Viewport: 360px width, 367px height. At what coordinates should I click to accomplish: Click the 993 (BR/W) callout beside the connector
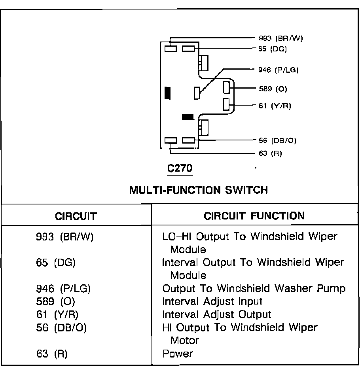[281, 38]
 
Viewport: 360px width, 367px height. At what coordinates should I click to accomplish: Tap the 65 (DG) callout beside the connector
[272, 49]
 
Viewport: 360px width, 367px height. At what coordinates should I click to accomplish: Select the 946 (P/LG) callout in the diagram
[278, 70]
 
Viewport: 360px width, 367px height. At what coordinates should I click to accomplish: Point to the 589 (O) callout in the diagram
[273, 89]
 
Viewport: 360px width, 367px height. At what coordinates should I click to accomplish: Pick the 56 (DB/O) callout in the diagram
[277, 140]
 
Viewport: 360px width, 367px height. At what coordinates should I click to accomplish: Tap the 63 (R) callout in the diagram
[270, 153]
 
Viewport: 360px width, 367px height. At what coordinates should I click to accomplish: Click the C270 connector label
[180, 168]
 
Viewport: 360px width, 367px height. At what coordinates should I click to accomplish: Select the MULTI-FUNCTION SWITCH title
[199, 190]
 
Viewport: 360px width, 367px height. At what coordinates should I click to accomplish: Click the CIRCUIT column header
[76, 216]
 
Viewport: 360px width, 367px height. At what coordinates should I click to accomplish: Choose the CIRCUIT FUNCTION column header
[254, 216]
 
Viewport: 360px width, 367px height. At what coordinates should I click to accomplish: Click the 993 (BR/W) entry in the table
[64, 237]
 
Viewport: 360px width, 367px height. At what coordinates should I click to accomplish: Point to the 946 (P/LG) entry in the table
[63, 289]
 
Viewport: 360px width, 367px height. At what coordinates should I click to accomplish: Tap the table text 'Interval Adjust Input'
[212, 301]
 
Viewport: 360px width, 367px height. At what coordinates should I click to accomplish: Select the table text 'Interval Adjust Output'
[217, 314]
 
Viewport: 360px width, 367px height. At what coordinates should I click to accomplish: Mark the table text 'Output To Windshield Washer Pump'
[254, 288]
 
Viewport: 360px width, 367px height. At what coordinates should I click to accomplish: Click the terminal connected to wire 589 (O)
[227, 87]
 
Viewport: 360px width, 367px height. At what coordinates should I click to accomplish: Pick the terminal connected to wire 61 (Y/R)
[227, 104]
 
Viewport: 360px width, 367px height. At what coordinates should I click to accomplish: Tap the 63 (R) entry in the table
[51, 353]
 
